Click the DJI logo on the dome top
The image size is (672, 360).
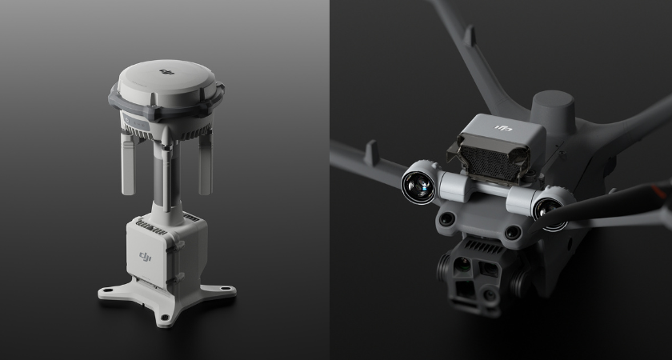(168, 72)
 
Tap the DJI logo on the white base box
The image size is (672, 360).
(145, 255)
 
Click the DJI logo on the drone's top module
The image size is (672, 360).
(503, 128)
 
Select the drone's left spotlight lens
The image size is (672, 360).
(418, 186)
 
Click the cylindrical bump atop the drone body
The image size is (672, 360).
(553, 109)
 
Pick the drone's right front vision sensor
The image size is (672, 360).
(512, 232)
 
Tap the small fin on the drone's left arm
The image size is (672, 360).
(370, 151)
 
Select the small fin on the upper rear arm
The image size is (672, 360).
(469, 35)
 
